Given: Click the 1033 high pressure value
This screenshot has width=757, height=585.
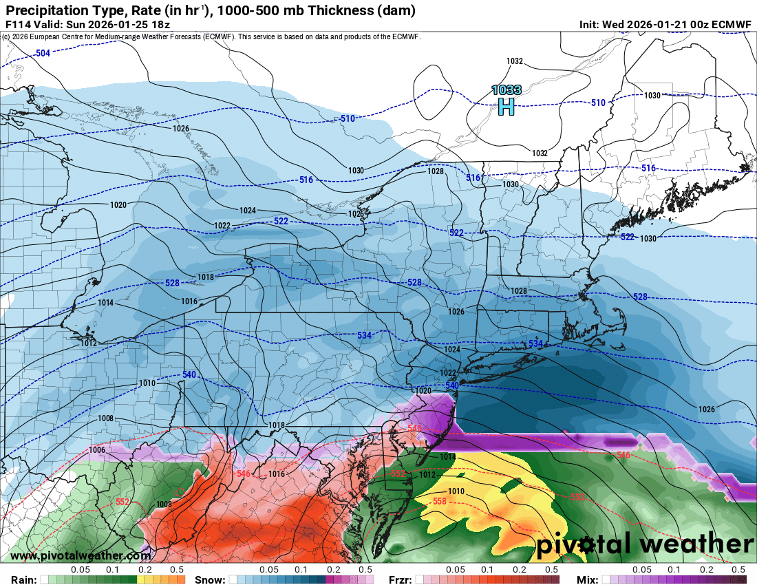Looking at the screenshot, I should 506,89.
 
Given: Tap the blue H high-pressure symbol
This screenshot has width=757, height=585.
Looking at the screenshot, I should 506,107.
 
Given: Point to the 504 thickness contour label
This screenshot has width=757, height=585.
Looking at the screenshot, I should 43,53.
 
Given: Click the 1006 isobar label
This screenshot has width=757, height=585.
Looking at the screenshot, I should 98,449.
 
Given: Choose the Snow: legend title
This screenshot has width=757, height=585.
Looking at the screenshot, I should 211,579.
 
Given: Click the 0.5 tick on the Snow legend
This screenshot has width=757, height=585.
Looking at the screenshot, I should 365,570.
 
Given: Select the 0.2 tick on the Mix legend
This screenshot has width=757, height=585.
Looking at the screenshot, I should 707,570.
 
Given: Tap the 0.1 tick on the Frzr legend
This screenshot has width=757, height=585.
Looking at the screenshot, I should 487,570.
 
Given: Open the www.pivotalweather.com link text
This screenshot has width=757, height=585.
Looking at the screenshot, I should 81,556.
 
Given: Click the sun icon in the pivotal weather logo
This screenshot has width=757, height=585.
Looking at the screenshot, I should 586,546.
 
